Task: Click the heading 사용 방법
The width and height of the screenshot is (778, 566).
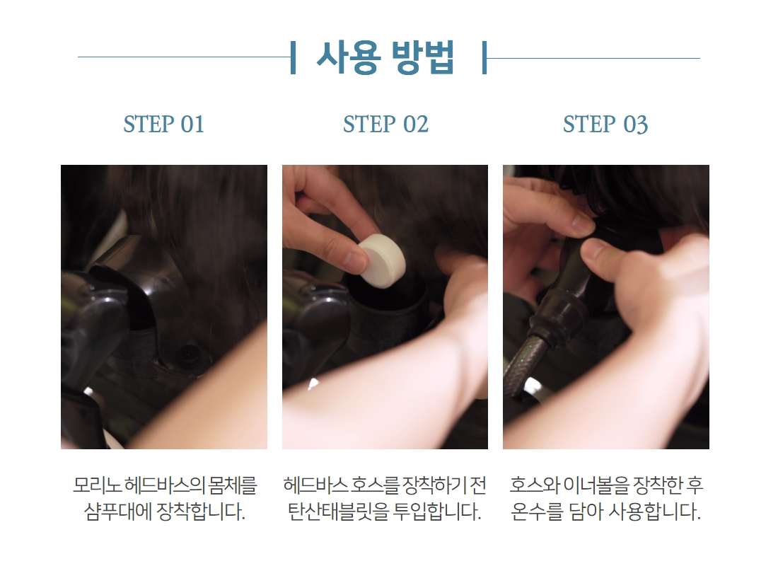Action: (385, 57)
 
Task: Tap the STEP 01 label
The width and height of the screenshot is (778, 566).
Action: (164, 124)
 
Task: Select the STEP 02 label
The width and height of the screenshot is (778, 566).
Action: (385, 124)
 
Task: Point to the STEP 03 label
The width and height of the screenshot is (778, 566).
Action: (605, 124)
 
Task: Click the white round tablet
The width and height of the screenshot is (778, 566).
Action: (381, 260)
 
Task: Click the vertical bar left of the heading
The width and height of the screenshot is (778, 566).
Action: (294, 57)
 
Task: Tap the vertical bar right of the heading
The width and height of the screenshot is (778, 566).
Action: (484, 57)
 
